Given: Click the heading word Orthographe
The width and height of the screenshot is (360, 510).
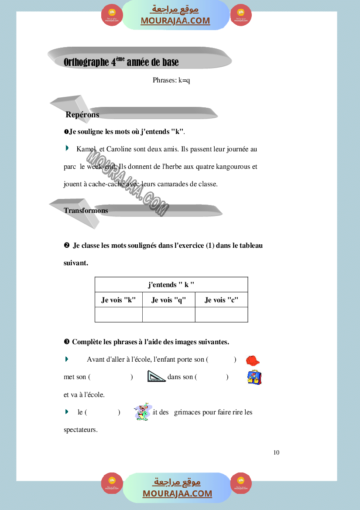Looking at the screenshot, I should [86, 62].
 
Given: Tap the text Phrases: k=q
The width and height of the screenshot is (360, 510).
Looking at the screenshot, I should [171, 80].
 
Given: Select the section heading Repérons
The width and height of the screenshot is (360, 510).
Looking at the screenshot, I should [82, 115].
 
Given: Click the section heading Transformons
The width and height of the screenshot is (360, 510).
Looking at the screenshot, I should [86, 210].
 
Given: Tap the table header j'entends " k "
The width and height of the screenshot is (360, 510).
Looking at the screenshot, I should [171, 285].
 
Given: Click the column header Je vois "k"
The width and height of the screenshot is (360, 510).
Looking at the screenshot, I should [119, 300].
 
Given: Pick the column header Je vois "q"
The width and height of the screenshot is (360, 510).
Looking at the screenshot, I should [169, 300].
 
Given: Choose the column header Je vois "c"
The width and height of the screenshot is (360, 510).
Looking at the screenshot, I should [221, 300].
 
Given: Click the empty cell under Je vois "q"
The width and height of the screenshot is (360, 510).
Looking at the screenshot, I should [169, 315].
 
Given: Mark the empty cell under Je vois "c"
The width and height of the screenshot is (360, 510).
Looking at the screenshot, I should [221, 315].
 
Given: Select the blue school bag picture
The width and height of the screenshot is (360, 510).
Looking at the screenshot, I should [254, 377].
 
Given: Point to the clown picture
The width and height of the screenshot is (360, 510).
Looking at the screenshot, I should [142, 412].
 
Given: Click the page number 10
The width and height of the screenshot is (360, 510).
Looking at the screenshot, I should [276, 452].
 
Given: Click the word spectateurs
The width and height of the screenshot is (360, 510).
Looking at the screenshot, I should [80, 430].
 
